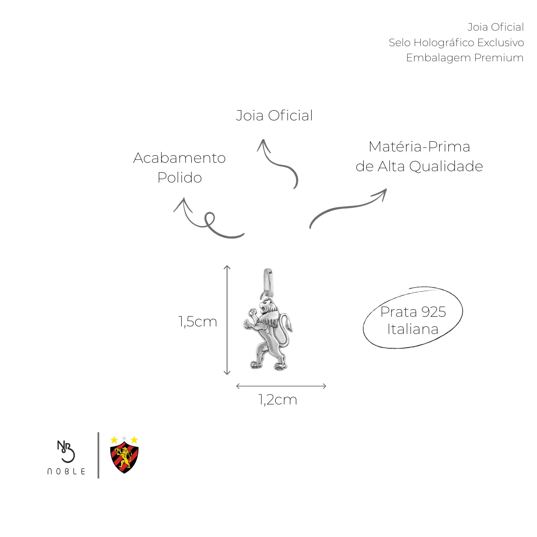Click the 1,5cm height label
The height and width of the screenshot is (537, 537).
point(198,322)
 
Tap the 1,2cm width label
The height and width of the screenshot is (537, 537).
point(278,400)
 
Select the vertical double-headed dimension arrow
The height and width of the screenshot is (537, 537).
point(227,320)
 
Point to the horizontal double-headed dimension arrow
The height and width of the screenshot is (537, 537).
point(281,386)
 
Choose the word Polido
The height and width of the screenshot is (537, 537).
point(180,177)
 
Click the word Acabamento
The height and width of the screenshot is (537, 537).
point(180,158)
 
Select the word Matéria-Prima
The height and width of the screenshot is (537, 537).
point(419,146)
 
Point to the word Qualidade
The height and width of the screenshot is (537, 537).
point(446,167)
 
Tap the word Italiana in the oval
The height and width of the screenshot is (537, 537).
point(413,329)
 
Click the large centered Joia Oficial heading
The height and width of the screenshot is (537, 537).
point(274,115)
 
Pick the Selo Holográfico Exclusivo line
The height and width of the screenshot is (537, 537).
point(456,42)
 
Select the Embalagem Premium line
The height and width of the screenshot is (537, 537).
point(464,57)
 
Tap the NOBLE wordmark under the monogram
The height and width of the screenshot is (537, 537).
point(66,471)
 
